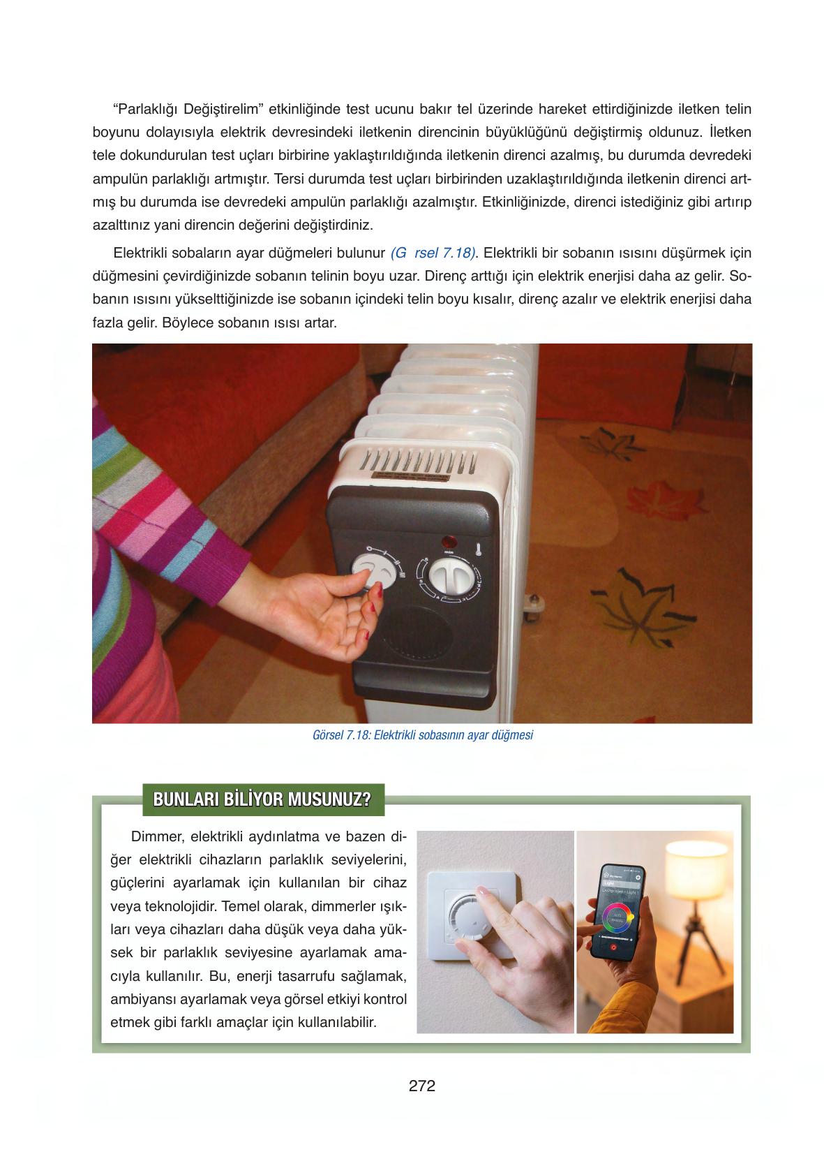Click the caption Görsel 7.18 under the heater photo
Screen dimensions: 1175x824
click(x=424, y=735)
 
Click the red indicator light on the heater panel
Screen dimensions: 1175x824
click(x=448, y=540)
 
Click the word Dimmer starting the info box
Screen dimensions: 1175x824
click(x=154, y=836)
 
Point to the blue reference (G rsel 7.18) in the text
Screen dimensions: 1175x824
click(x=433, y=252)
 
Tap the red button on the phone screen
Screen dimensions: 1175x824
click(x=613, y=947)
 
